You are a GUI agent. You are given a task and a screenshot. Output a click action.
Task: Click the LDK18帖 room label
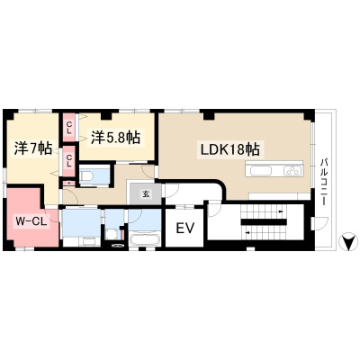229,149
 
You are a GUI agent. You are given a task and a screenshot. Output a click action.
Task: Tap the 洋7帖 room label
33,148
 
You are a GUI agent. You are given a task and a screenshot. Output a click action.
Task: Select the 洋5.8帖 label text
115,138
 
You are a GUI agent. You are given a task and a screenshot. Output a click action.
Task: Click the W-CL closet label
31,222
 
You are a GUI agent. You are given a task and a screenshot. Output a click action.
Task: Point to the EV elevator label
185,229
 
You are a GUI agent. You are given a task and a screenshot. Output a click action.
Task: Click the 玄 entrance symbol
146,194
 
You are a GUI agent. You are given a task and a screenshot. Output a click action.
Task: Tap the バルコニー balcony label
323,182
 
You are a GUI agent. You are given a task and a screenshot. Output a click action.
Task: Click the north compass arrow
348,241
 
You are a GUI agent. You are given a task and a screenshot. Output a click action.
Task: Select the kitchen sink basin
261,171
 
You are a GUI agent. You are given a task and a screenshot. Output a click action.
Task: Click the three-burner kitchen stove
292,171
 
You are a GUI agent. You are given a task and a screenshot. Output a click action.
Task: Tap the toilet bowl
87,176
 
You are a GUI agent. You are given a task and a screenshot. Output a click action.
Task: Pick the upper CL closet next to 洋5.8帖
69,127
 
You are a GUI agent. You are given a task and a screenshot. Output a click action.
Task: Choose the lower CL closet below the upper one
69,161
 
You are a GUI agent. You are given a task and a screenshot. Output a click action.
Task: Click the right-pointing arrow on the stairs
281,211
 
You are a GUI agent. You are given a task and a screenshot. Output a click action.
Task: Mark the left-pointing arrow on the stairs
247,232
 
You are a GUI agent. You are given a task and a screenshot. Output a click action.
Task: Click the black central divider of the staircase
264,222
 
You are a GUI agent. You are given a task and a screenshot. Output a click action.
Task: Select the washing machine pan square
112,234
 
